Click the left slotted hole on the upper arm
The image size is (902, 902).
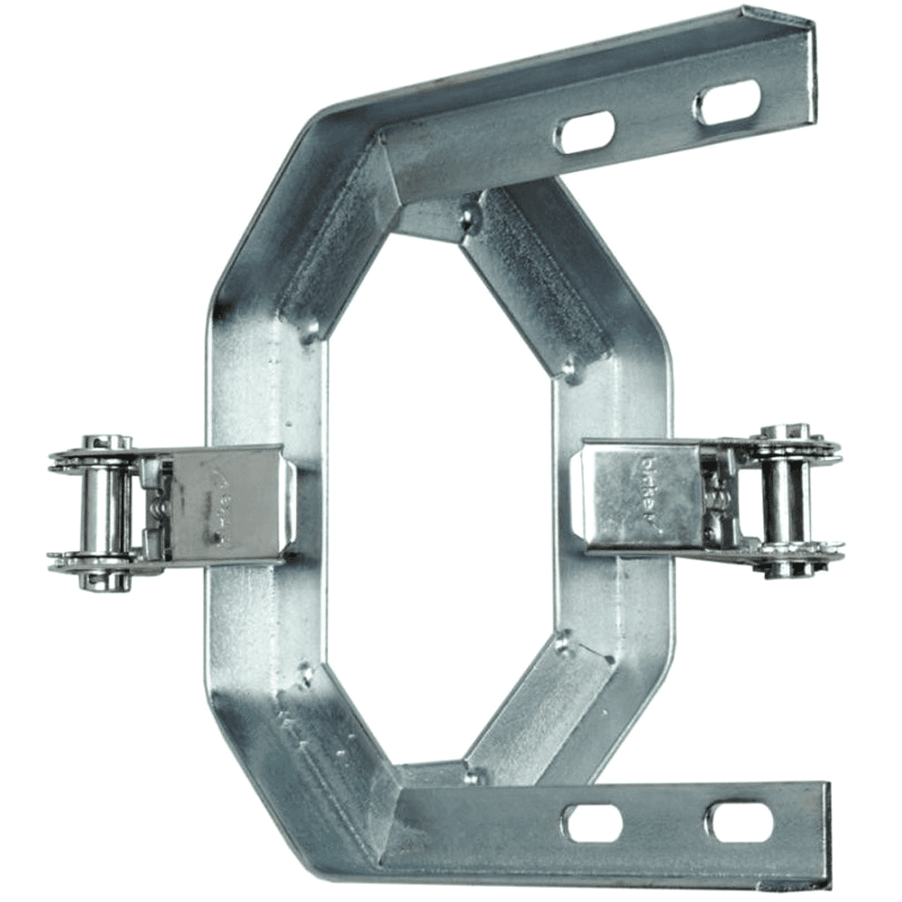click(585, 132)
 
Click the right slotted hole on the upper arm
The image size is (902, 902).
click(727, 102)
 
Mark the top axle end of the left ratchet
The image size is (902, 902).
click(106, 443)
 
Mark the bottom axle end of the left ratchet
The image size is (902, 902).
click(106, 582)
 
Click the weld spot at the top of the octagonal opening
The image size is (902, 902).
click(468, 216)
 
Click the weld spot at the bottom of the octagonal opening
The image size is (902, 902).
click(470, 774)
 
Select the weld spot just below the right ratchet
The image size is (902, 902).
click(565, 642)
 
